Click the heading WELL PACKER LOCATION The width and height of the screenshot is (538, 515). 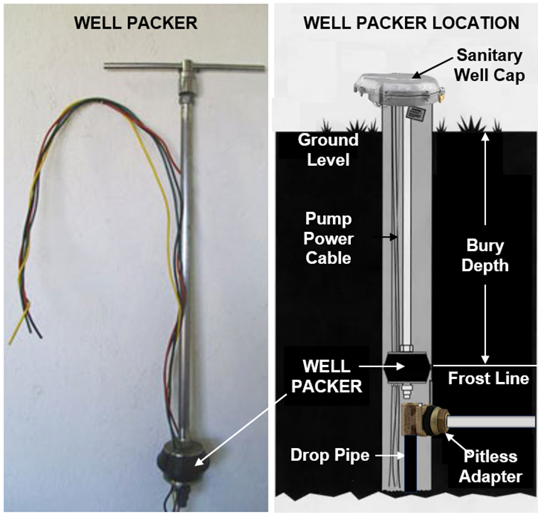click(x=411, y=23)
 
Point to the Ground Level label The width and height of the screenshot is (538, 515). click(x=328, y=149)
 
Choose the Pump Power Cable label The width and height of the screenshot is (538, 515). click(x=328, y=236)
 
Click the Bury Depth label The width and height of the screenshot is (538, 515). click(x=485, y=256)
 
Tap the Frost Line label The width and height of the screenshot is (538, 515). click(x=488, y=378)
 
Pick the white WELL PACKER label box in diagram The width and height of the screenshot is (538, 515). click(x=326, y=377)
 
